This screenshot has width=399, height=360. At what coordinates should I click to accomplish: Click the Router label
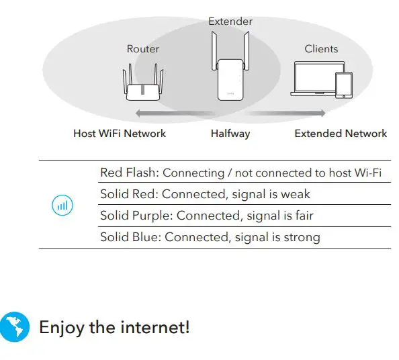[143, 49]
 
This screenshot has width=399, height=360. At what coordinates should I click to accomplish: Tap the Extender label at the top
[230, 21]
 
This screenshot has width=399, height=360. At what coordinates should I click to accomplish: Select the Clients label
[321, 49]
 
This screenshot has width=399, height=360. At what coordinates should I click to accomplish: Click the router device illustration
[144, 85]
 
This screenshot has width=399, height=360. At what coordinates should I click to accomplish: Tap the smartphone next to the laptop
[343, 85]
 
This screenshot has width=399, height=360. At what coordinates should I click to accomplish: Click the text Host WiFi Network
[120, 134]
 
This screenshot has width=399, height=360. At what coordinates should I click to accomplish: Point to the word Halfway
[230, 134]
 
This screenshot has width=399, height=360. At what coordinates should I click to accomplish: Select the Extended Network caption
[341, 134]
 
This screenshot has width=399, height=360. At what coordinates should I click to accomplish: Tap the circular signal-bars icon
[62, 206]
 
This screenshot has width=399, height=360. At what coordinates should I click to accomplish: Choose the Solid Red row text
[205, 195]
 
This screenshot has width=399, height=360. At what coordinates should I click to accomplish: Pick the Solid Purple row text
[206, 216]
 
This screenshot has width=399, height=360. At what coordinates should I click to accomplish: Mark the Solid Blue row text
[210, 237]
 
